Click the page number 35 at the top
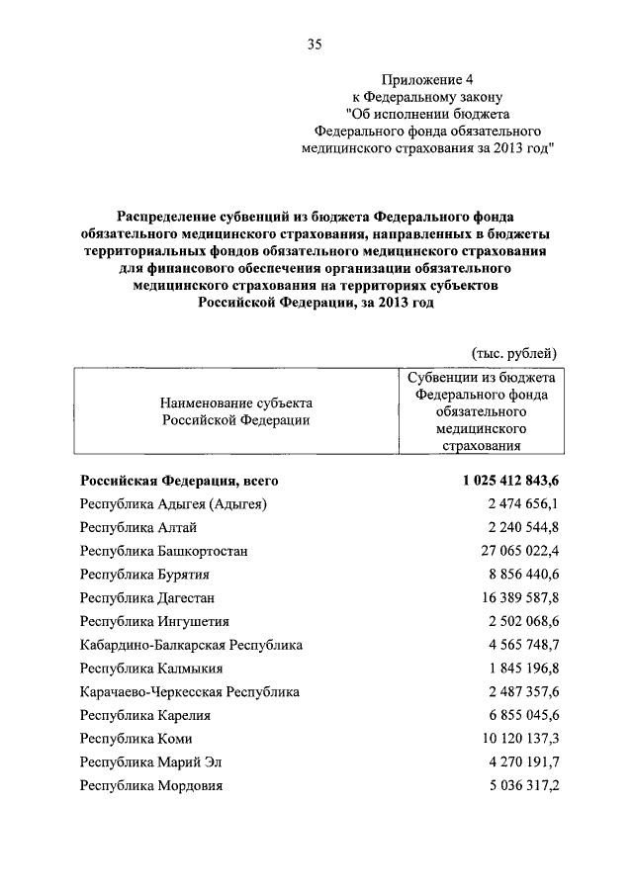316,44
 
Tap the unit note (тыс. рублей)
510,352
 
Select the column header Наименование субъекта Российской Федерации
235,411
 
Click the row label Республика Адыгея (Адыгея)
174,504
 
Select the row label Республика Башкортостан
164,551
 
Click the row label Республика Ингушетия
155,621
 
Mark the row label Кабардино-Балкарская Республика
192,645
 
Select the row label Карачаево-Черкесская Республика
190,692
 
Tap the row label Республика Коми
136,739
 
